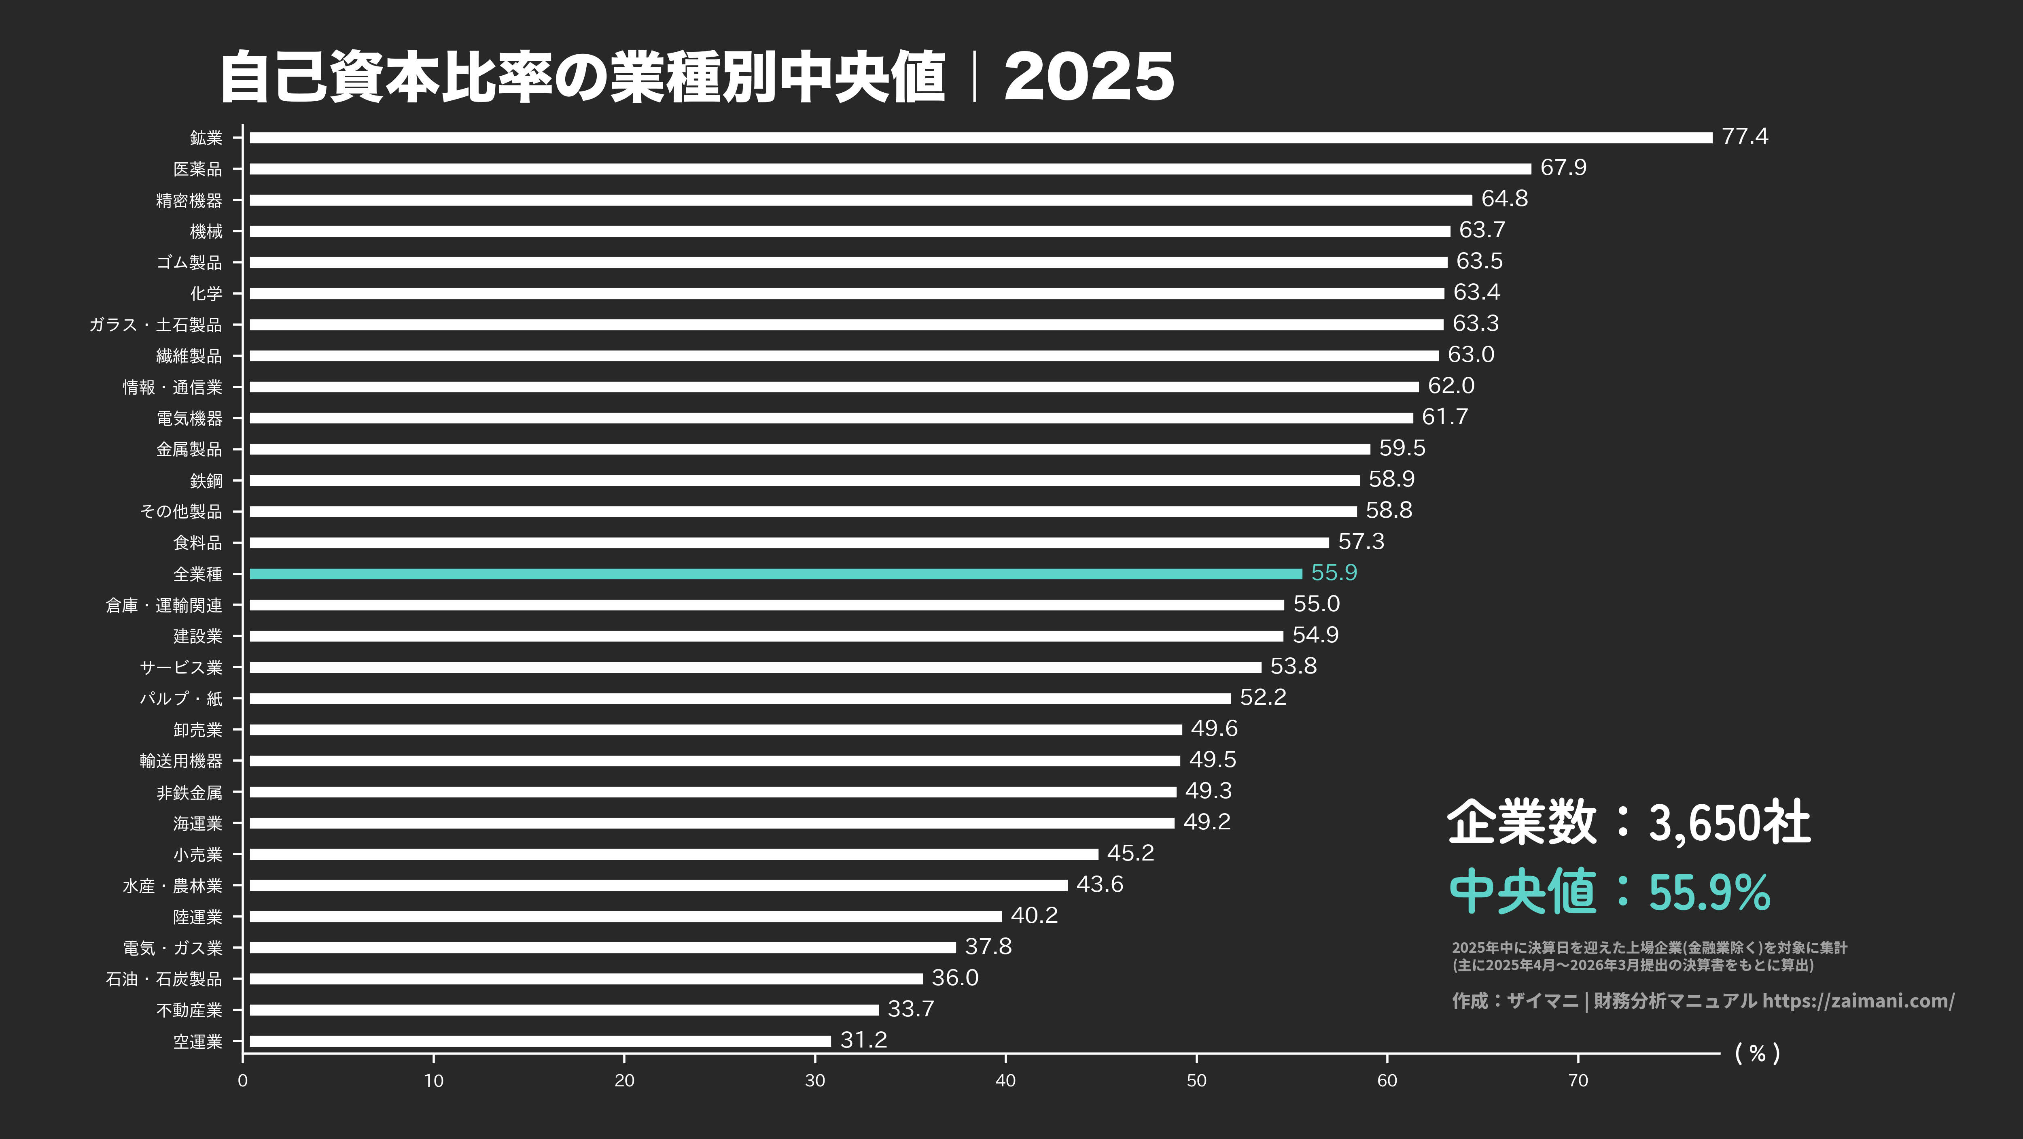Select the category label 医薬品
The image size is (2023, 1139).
[198, 169]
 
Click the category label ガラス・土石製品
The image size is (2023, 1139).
[155, 325]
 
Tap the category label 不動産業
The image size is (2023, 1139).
[189, 1010]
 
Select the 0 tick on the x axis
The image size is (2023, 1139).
[243, 1080]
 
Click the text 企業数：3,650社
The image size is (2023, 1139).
[1628, 822]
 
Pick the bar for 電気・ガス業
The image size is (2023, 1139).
[602, 947]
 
